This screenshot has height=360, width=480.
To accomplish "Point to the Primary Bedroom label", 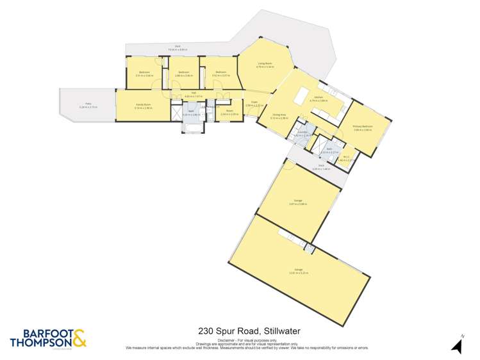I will pos(363,127).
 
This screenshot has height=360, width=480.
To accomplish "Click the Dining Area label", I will pos(278,115).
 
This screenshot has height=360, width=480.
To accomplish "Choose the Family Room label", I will pos(142,104).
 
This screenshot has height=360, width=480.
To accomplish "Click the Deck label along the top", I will pos(178,46).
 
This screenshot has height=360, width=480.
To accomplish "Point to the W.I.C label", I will pos(345,156).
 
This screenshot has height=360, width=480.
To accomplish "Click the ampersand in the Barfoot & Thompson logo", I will pos(79,338).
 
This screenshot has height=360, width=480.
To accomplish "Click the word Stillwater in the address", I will pos(280,331).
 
